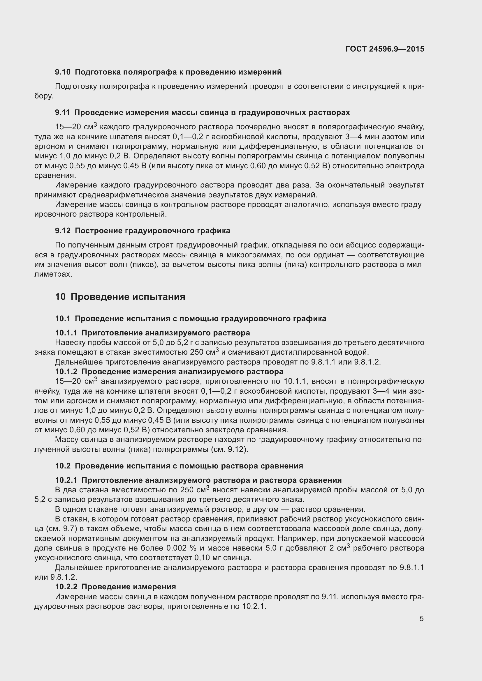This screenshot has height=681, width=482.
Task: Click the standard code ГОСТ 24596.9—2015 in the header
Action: (x=385, y=49)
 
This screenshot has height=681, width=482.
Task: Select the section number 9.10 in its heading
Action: (x=63, y=72)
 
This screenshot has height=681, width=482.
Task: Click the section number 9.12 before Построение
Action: (x=63, y=231)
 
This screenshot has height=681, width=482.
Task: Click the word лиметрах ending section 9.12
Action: (x=53, y=274)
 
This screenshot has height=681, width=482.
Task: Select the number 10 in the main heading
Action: (x=60, y=297)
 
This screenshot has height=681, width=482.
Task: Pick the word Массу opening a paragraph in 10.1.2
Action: (x=67, y=440)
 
